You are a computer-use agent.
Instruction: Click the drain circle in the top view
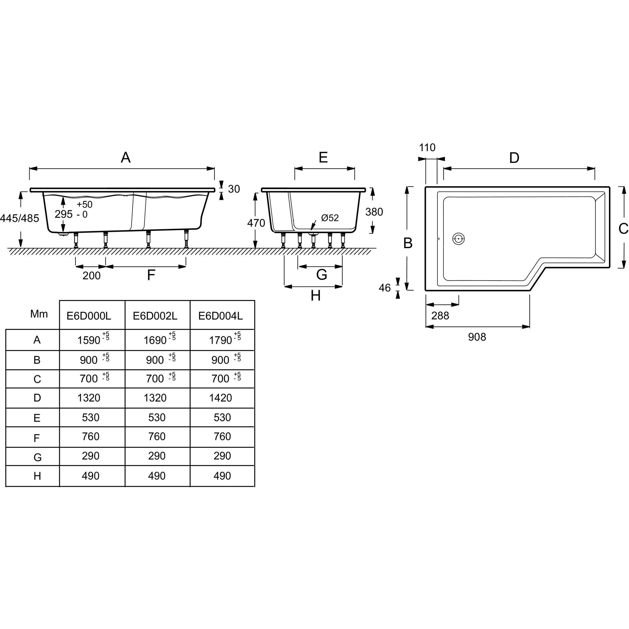coord(459,239)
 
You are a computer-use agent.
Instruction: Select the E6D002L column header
coord(155,316)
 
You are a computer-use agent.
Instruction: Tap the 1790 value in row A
coord(220,340)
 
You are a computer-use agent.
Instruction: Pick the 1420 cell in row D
coord(220,398)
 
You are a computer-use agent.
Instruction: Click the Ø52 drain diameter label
coord(330,218)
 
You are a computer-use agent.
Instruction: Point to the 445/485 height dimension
coord(19,218)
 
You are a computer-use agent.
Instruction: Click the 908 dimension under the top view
coord(477,337)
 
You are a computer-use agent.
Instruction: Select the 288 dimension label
coord(440,315)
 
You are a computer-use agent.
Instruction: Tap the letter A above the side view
coord(126,158)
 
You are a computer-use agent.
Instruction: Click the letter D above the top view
coord(514,158)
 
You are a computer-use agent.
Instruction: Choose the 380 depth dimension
coord(374,212)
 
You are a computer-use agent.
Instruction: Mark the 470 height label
coord(256,223)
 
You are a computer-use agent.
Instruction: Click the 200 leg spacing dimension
coord(92,276)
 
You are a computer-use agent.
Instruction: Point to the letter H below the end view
coord(315,296)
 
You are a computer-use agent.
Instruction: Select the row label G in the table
coord(37,457)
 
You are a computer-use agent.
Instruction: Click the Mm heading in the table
coord(39,314)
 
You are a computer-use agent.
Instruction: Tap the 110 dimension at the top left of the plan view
coord(427,148)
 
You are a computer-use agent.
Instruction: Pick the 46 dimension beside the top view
coord(385,288)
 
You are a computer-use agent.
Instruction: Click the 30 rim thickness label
coord(234,189)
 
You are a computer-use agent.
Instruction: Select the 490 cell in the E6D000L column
coord(91,476)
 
